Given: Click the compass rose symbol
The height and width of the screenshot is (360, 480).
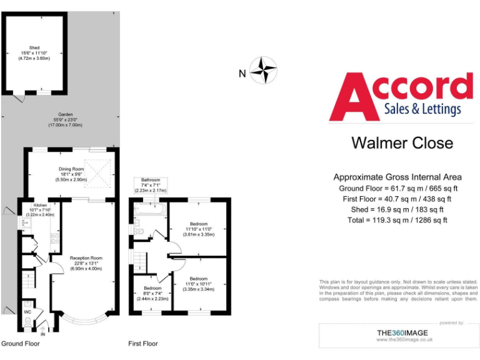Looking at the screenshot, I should click(263, 70).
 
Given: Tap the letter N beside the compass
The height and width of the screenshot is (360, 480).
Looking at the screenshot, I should click(242, 73).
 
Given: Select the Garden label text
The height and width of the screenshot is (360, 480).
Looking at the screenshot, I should click(66, 119).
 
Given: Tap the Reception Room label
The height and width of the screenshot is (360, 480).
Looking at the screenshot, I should click(85, 262).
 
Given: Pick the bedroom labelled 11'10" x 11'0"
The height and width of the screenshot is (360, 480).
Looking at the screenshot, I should click(199, 228).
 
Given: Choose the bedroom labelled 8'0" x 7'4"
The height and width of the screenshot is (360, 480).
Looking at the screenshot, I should click(152, 293).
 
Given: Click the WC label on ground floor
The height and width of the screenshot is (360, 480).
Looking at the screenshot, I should click(27, 311).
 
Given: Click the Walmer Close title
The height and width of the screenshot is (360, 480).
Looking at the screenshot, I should click(402, 142).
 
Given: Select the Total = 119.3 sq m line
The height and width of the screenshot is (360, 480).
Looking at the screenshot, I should click(397, 220).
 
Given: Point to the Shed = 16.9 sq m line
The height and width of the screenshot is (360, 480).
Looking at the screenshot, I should click(397, 209).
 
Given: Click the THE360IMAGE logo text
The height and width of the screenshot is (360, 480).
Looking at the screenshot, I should click(405, 331).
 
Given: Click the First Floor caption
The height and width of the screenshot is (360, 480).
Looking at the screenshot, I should click(143, 344).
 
